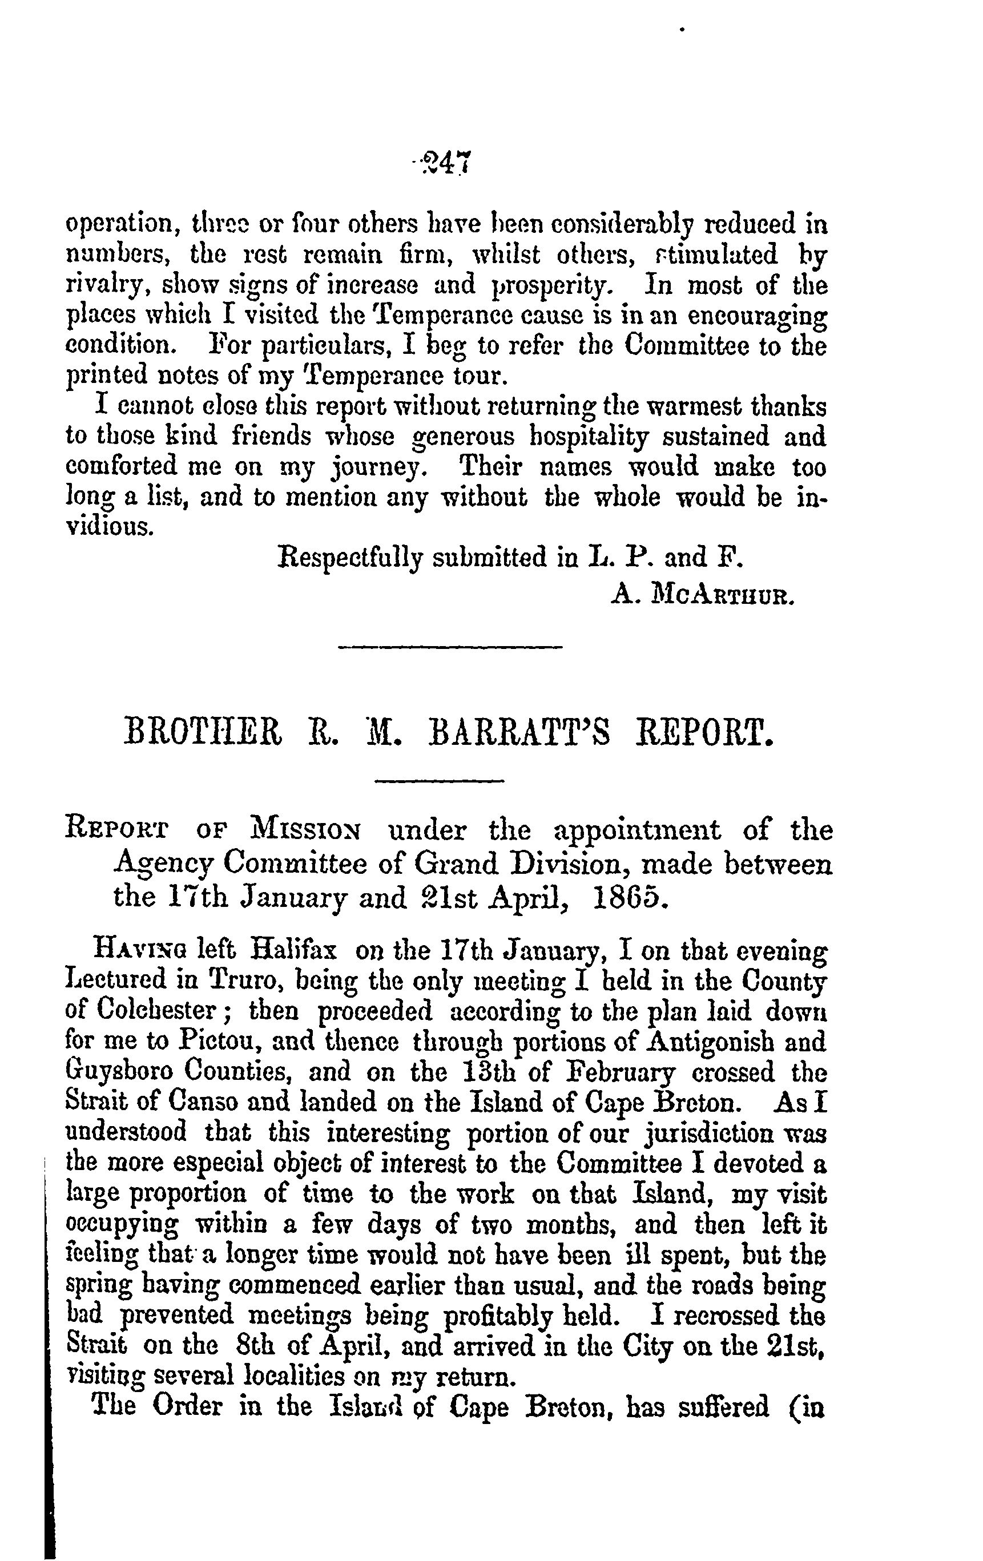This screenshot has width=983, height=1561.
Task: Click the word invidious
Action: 110,526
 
